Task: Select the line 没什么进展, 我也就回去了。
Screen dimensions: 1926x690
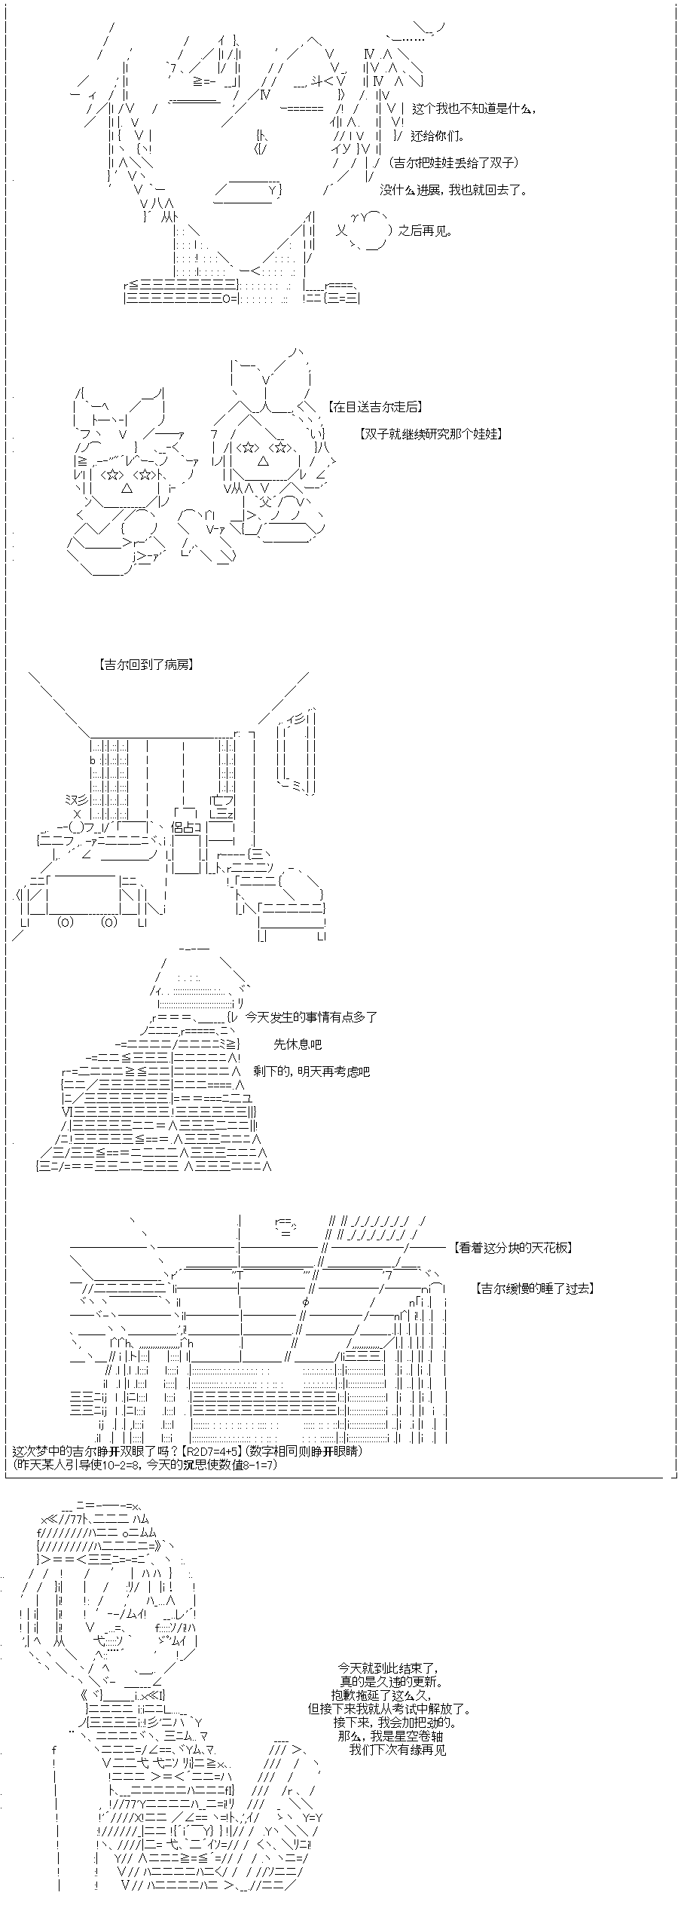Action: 453,190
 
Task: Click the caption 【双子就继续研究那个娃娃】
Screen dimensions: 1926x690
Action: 431,434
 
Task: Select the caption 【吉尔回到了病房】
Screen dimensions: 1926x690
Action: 145,665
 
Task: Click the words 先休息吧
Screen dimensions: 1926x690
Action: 298,1044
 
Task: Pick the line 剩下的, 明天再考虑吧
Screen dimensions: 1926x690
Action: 311,1072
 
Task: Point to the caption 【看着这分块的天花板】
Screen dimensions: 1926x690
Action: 513,1248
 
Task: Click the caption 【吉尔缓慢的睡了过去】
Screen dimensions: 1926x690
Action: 535,1289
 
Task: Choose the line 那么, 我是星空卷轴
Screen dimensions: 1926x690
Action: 390,1736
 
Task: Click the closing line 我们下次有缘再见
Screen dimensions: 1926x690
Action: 397,1750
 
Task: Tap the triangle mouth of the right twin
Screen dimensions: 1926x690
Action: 261,460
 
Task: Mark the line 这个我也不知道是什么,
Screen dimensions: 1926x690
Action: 475,109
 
